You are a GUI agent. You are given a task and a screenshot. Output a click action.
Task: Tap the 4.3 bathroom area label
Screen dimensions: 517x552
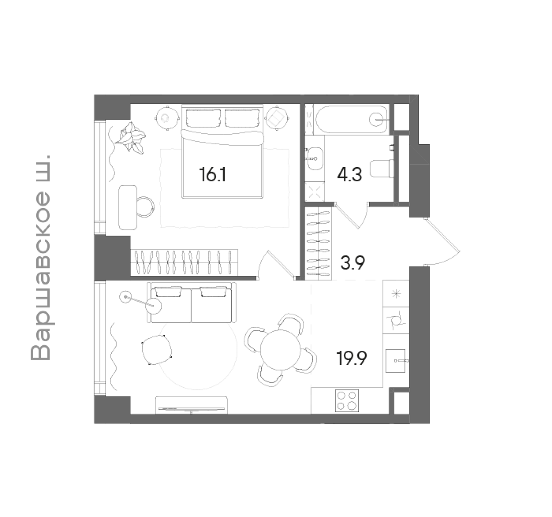click(x=349, y=175)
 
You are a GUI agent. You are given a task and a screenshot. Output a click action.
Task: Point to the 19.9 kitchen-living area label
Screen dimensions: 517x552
click(x=352, y=358)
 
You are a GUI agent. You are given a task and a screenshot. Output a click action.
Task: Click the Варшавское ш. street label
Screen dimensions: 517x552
click(x=41, y=256)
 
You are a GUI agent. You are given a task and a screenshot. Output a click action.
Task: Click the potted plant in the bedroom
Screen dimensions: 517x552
click(x=131, y=137)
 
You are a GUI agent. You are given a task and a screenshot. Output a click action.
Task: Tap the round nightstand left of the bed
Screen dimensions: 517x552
click(x=166, y=117)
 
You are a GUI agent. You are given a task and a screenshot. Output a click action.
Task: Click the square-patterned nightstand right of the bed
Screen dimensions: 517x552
click(x=277, y=117)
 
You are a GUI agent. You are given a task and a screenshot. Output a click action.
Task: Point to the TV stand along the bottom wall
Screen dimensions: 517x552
click(x=191, y=405)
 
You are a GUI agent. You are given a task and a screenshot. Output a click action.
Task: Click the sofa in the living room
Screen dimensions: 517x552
click(x=191, y=302)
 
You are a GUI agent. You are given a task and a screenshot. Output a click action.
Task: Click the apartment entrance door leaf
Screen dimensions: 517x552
click(x=443, y=235)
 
